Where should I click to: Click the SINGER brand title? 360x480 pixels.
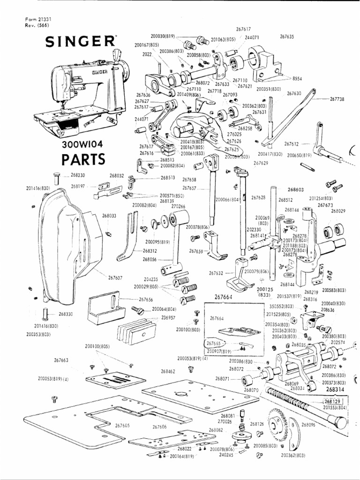click(x=80, y=42)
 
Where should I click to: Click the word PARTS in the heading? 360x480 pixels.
click(x=83, y=159)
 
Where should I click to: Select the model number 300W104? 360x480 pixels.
click(x=82, y=144)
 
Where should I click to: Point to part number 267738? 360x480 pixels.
click(x=337, y=99)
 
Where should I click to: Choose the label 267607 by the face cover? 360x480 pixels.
click(x=115, y=277)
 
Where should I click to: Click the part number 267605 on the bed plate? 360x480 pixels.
click(x=122, y=425)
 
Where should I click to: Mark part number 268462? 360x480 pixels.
click(x=168, y=371)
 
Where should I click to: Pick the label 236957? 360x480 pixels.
click(x=168, y=317)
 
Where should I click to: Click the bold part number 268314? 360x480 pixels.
click(x=335, y=390)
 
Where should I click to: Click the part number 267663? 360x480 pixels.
click(x=61, y=360)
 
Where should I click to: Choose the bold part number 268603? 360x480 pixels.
click(x=295, y=190)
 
